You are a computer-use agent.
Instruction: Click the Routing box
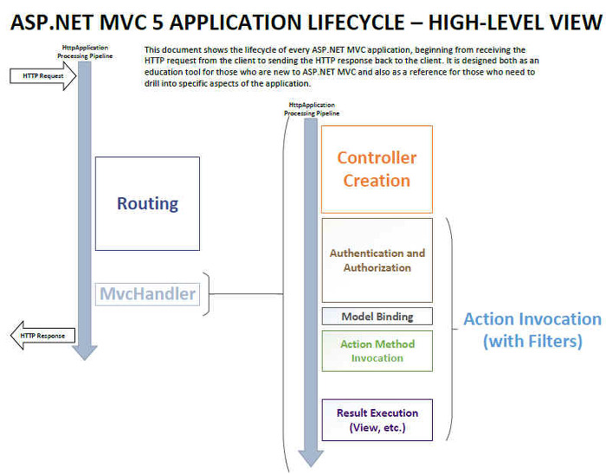147,203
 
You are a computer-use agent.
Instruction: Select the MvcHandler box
147,294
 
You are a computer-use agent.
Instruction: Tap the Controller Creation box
377,170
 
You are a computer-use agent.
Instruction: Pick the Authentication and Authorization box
377,260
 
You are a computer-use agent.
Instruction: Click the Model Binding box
377,317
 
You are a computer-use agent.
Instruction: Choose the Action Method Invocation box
377,350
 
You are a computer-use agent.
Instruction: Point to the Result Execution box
377,420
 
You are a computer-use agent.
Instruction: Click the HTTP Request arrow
42,76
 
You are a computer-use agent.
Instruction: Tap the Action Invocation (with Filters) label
532,330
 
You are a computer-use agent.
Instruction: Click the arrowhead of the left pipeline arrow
85,352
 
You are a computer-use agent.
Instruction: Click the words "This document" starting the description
170,50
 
